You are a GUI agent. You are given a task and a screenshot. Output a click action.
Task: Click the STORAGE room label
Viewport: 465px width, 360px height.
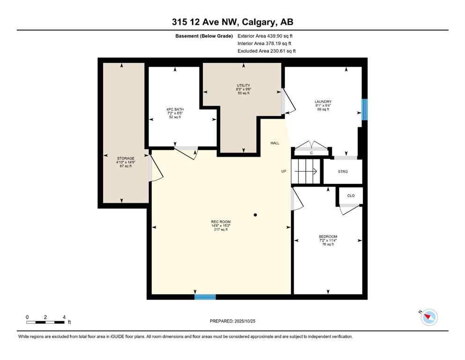point(125,158)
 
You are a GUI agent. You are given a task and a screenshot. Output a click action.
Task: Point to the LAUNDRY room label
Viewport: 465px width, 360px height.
point(323,102)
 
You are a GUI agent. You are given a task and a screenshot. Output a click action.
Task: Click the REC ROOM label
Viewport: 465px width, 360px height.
point(221,222)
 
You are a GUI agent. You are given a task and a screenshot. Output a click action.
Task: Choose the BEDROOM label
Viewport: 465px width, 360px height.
point(328,237)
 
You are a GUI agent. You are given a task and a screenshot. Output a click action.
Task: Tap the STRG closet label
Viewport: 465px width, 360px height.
point(343,172)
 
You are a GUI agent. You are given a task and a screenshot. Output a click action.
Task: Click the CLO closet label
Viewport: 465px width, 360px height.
point(351,195)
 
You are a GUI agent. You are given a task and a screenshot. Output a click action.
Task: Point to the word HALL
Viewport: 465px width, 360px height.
point(275,143)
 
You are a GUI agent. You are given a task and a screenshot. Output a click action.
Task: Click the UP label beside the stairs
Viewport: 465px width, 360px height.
point(283,171)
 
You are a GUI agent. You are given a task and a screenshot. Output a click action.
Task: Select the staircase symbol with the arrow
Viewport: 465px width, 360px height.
point(305,171)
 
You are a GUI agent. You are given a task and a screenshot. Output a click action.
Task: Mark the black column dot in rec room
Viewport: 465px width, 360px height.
point(255,215)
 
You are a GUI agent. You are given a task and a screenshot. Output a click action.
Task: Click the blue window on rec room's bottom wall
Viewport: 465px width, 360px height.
point(205,296)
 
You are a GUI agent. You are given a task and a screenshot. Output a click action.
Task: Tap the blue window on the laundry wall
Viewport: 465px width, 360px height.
point(364,109)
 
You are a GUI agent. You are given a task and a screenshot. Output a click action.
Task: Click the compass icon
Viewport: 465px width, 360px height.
point(429,317)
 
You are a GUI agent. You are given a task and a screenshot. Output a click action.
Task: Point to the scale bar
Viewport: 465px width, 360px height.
point(45,322)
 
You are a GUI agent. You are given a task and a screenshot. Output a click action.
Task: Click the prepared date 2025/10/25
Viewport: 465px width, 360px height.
point(232,321)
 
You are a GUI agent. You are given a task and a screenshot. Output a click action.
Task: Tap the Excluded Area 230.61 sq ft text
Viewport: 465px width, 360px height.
point(266,51)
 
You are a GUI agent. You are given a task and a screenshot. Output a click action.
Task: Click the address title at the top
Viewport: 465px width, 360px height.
point(232,22)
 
